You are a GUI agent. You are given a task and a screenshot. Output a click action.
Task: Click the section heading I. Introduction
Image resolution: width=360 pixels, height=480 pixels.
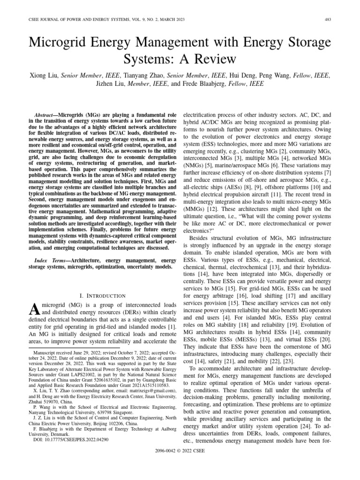(x=103, y=296)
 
